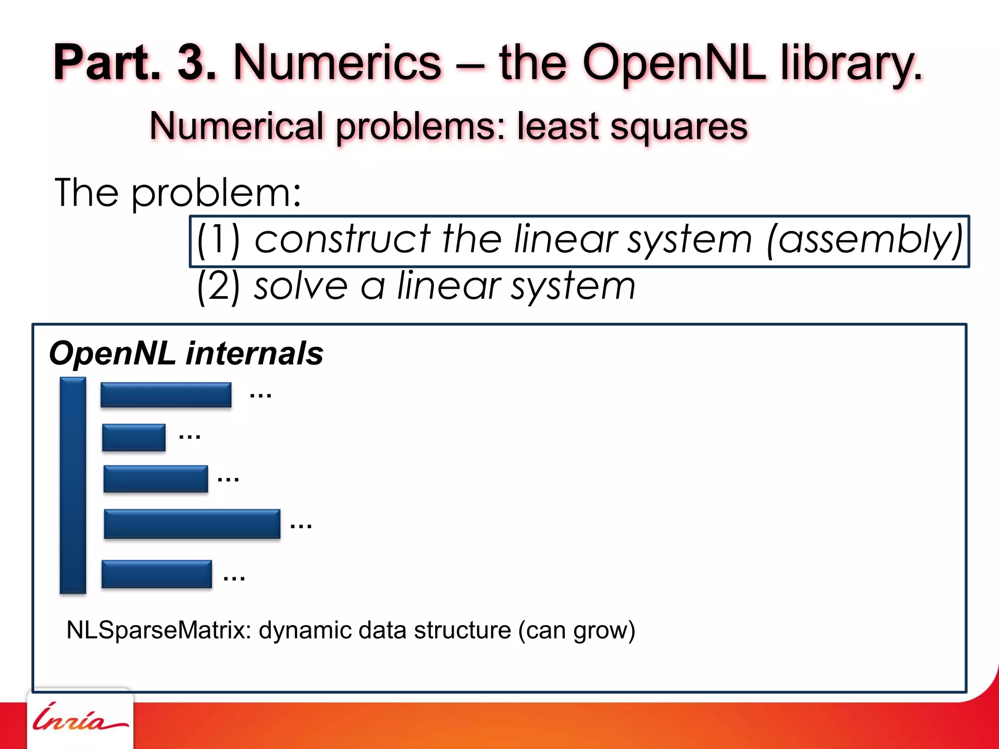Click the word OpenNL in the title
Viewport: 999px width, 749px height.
[674, 63]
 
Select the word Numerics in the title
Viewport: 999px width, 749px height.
[337, 63]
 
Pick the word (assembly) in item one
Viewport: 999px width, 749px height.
[864, 240]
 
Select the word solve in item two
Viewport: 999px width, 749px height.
[300, 286]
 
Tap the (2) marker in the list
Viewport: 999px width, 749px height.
[219, 286]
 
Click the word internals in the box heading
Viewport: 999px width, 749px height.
[255, 354]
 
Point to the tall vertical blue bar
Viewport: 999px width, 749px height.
[73, 485]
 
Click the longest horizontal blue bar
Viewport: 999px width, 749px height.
[192, 524]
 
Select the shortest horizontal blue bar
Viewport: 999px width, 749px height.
[134, 437]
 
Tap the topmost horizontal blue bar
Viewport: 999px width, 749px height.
[166, 395]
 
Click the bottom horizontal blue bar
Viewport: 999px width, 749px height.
[157, 574]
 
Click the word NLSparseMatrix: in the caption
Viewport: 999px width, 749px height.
[159, 630]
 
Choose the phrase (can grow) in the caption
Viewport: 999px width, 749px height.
[577, 630]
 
